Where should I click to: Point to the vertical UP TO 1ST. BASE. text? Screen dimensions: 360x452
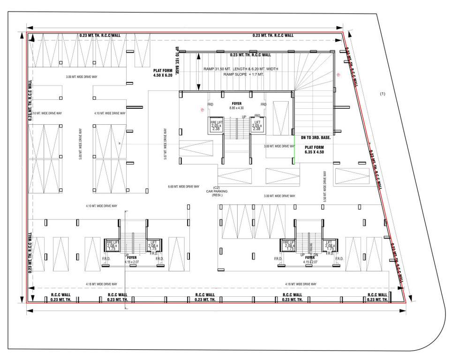(177, 61)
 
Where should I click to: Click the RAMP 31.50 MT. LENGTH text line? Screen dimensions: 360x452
(241, 69)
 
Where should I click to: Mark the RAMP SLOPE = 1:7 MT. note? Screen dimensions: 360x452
(241, 74)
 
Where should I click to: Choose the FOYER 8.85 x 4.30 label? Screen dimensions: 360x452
(236, 105)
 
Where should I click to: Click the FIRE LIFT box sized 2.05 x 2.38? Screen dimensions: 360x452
(216, 125)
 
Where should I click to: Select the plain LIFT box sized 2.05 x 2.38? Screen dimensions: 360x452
(256, 125)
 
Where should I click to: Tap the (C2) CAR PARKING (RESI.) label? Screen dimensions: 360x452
(216, 192)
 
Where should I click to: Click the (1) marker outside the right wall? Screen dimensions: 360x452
(382, 94)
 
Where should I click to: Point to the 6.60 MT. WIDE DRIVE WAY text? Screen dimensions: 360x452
(183, 187)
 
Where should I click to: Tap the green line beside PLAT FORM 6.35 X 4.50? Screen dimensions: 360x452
(294, 149)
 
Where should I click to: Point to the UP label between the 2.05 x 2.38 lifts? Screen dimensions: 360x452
(243, 117)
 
